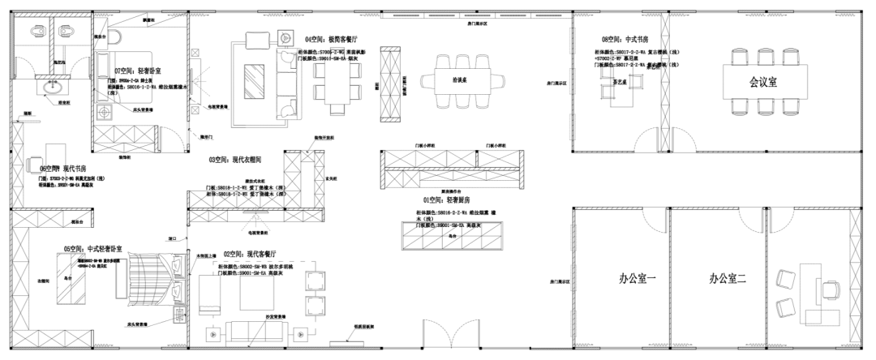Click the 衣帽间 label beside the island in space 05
[43, 281]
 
